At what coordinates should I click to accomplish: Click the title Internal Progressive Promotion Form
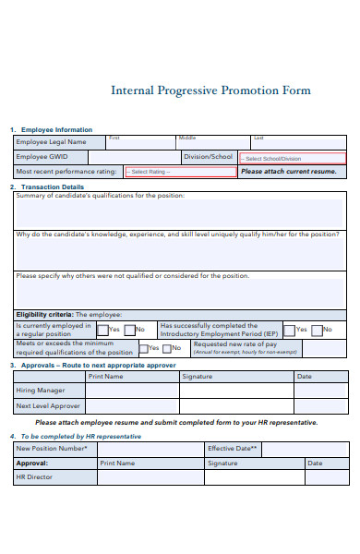[x=210, y=90]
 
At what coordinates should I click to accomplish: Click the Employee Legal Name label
[x=51, y=142]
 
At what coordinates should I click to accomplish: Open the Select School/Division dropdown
[x=292, y=158]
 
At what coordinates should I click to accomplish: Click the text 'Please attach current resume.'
[x=288, y=172]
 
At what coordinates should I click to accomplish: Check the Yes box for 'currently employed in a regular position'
[x=102, y=330]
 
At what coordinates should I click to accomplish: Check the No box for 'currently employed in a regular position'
[x=130, y=330]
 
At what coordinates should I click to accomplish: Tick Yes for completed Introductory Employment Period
[x=289, y=330]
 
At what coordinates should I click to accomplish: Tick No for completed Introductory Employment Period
[x=317, y=330]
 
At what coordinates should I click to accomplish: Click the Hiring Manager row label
[x=40, y=391]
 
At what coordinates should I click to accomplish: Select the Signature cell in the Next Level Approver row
[x=235, y=406]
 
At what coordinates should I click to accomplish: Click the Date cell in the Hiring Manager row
[x=320, y=391]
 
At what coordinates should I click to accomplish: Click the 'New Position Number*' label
[x=52, y=448]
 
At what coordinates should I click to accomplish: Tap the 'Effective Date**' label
[x=234, y=448]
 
